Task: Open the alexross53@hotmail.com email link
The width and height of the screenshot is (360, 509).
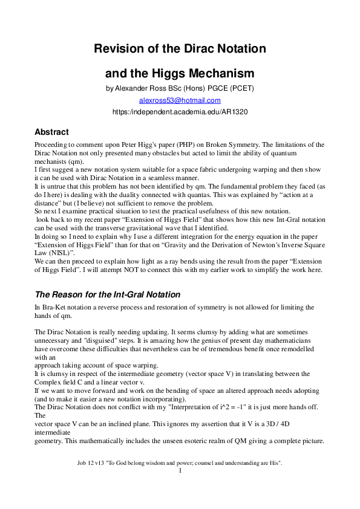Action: [180, 100]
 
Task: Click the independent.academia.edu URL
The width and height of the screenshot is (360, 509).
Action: [180, 112]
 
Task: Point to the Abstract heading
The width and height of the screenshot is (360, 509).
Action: [51, 132]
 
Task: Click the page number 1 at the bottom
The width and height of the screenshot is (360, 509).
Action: [180, 470]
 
